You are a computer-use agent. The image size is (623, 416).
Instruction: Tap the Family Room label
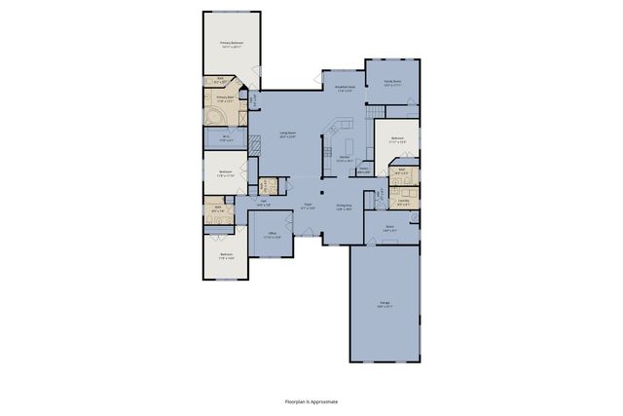tap(393, 84)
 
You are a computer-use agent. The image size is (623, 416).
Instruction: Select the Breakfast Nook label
tap(343, 88)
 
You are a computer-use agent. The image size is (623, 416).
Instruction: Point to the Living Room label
tap(288, 133)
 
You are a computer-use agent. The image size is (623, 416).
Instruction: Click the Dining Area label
tap(344, 207)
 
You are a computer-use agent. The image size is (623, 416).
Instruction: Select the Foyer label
tap(307, 206)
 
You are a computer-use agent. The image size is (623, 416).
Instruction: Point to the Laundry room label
tap(403, 204)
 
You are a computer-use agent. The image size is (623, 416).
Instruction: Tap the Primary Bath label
tap(224, 98)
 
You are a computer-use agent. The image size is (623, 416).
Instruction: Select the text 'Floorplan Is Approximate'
tap(311, 400)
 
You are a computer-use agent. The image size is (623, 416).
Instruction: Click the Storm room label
tap(388, 228)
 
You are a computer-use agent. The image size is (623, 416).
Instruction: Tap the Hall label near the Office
tap(263, 205)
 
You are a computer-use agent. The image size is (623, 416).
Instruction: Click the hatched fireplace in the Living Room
tap(253, 142)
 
